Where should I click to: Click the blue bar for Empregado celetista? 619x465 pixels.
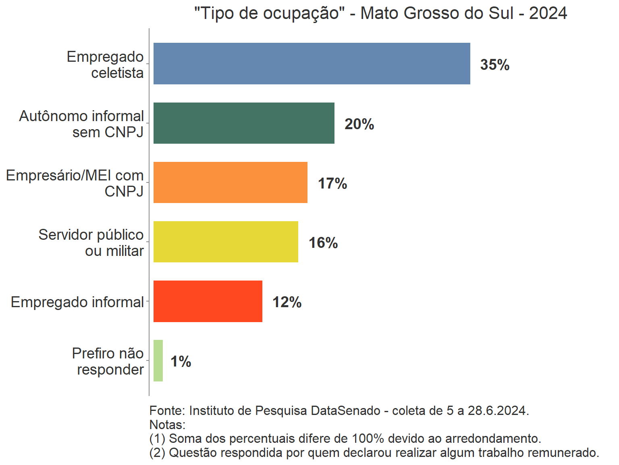click(312, 64)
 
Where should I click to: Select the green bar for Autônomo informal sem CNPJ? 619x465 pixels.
click(244, 123)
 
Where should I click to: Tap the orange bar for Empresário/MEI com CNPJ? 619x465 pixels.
click(230, 182)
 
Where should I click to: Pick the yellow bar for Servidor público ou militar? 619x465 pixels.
click(226, 242)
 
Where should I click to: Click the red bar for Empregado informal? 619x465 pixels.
click(208, 301)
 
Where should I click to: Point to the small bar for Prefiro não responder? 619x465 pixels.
click(158, 360)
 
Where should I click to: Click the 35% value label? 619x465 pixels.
click(494, 65)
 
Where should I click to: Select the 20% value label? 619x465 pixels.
click(359, 124)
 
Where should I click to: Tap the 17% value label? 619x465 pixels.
click(332, 183)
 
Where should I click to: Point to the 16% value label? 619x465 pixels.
click(323, 243)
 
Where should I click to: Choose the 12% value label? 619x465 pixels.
click(287, 302)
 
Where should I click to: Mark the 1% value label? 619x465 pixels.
click(181, 361)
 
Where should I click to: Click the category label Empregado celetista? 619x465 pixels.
click(106, 65)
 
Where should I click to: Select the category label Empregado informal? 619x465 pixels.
click(77, 302)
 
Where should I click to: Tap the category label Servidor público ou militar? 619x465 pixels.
click(91, 243)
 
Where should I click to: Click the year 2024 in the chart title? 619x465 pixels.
click(548, 13)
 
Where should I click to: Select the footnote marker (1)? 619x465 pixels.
click(157, 438)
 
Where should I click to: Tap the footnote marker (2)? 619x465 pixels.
click(157, 452)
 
